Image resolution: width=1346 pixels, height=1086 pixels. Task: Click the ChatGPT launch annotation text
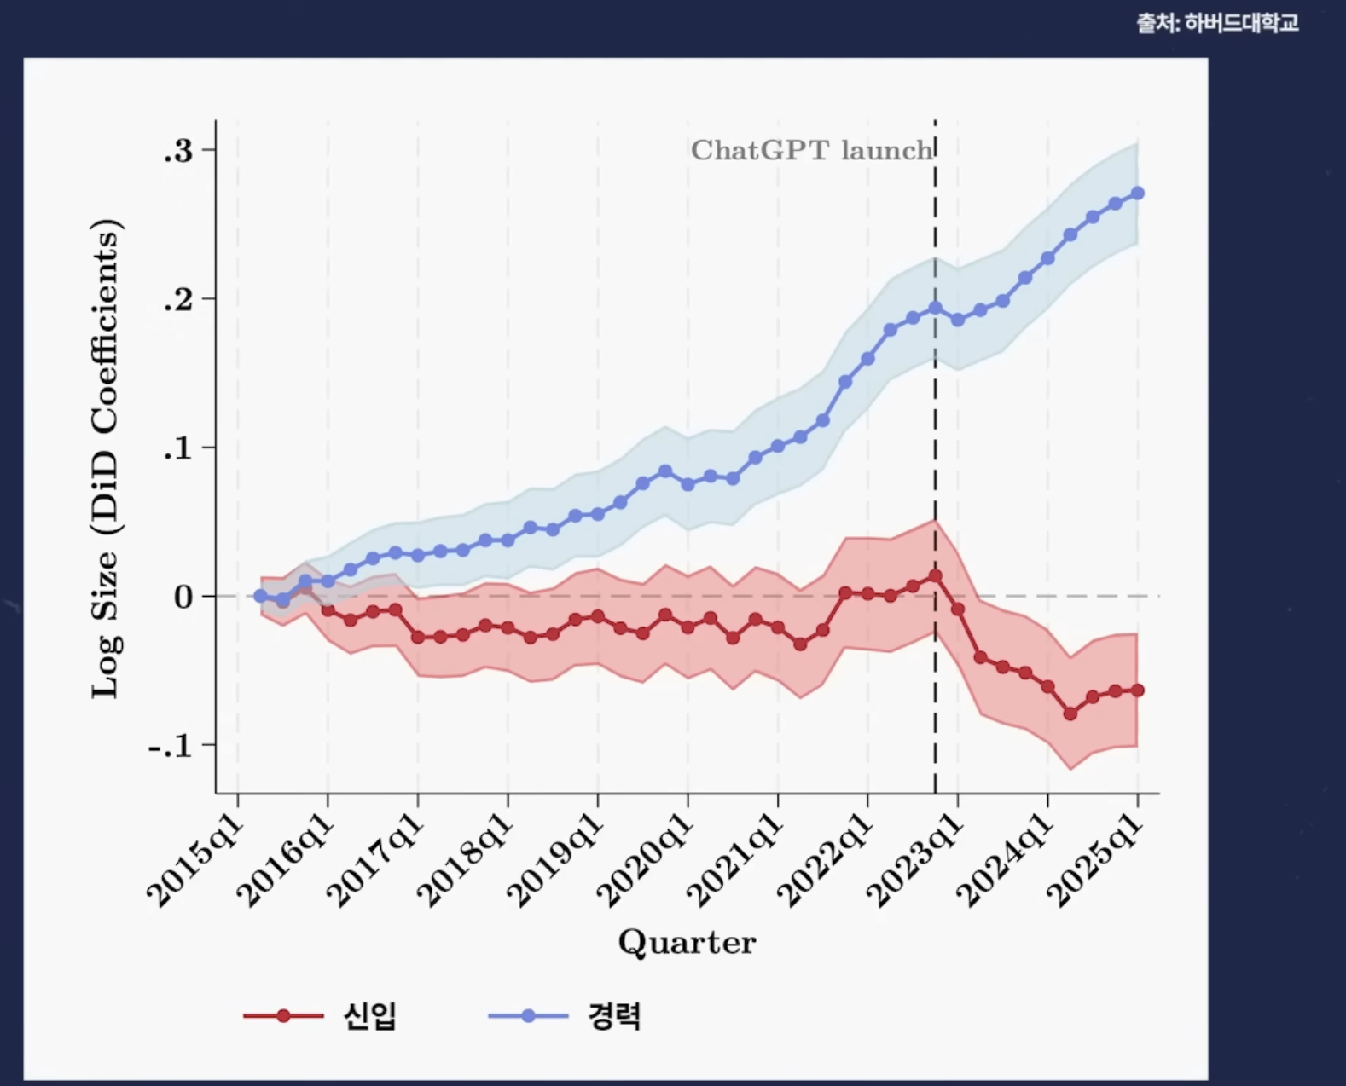pyautogui.click(x=811, y=151)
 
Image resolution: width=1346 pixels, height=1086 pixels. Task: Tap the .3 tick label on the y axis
pyautogui.click(x=178, y=151)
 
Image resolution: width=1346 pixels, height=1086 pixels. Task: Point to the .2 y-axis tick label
pyautogui.click(x=178, y=300)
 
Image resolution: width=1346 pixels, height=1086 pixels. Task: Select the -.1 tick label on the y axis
pyautogui.click(x=171, y=747)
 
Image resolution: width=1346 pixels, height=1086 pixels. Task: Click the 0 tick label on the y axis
pyautogui.click(x=183, y=598)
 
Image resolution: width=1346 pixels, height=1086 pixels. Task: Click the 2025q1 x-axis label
pyautogui.click(x=1095, y=863)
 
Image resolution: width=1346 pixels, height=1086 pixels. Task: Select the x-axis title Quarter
pyautogui.click(x=687, y=942)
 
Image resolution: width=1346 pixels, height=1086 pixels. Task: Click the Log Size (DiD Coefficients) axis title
pyautogui.click(x=107, y=459)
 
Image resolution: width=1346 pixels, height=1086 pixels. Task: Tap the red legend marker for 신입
pyautogui.click(x=283, y=1015)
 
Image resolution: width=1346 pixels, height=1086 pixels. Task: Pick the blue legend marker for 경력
pyautogui.click(x=528, y=1015)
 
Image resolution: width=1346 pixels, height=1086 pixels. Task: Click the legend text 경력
pyautogui.click(x=614, y=1015)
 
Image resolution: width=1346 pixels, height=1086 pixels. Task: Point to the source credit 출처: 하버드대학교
pyautogui.click(x=1217, y=23)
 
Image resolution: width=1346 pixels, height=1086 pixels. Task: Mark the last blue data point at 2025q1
pyautogui.click(x=1138, y=194)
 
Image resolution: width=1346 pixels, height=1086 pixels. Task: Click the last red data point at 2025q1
pyautogui.click(x=1138, y=690)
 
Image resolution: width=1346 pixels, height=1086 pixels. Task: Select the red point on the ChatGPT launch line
pyautogui.click(x=936, y=576)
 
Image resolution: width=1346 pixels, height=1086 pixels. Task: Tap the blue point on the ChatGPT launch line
pyautogui.click(x=936, y=308)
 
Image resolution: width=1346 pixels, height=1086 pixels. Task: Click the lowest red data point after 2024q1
pyautogui.click(x=1070, y=713)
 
